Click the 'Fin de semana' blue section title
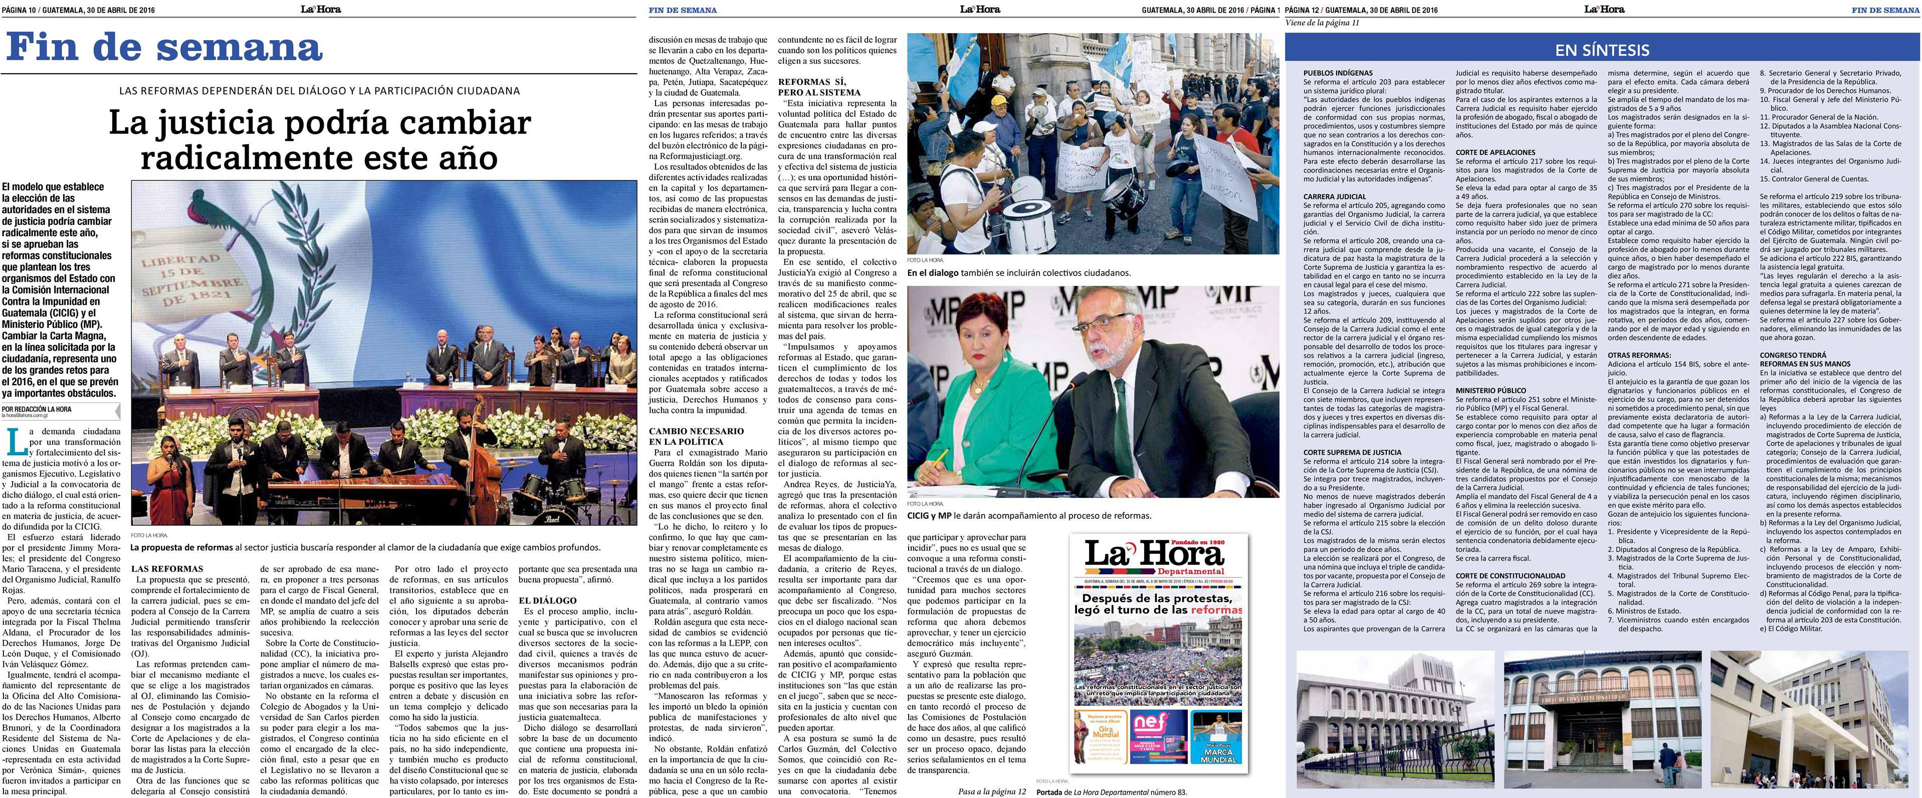(164, 48)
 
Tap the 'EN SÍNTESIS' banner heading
(1601, 50)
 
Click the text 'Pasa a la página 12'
(992, 790)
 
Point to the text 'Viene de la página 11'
(1322, 23)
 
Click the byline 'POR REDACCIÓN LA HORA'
(37, 409)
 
